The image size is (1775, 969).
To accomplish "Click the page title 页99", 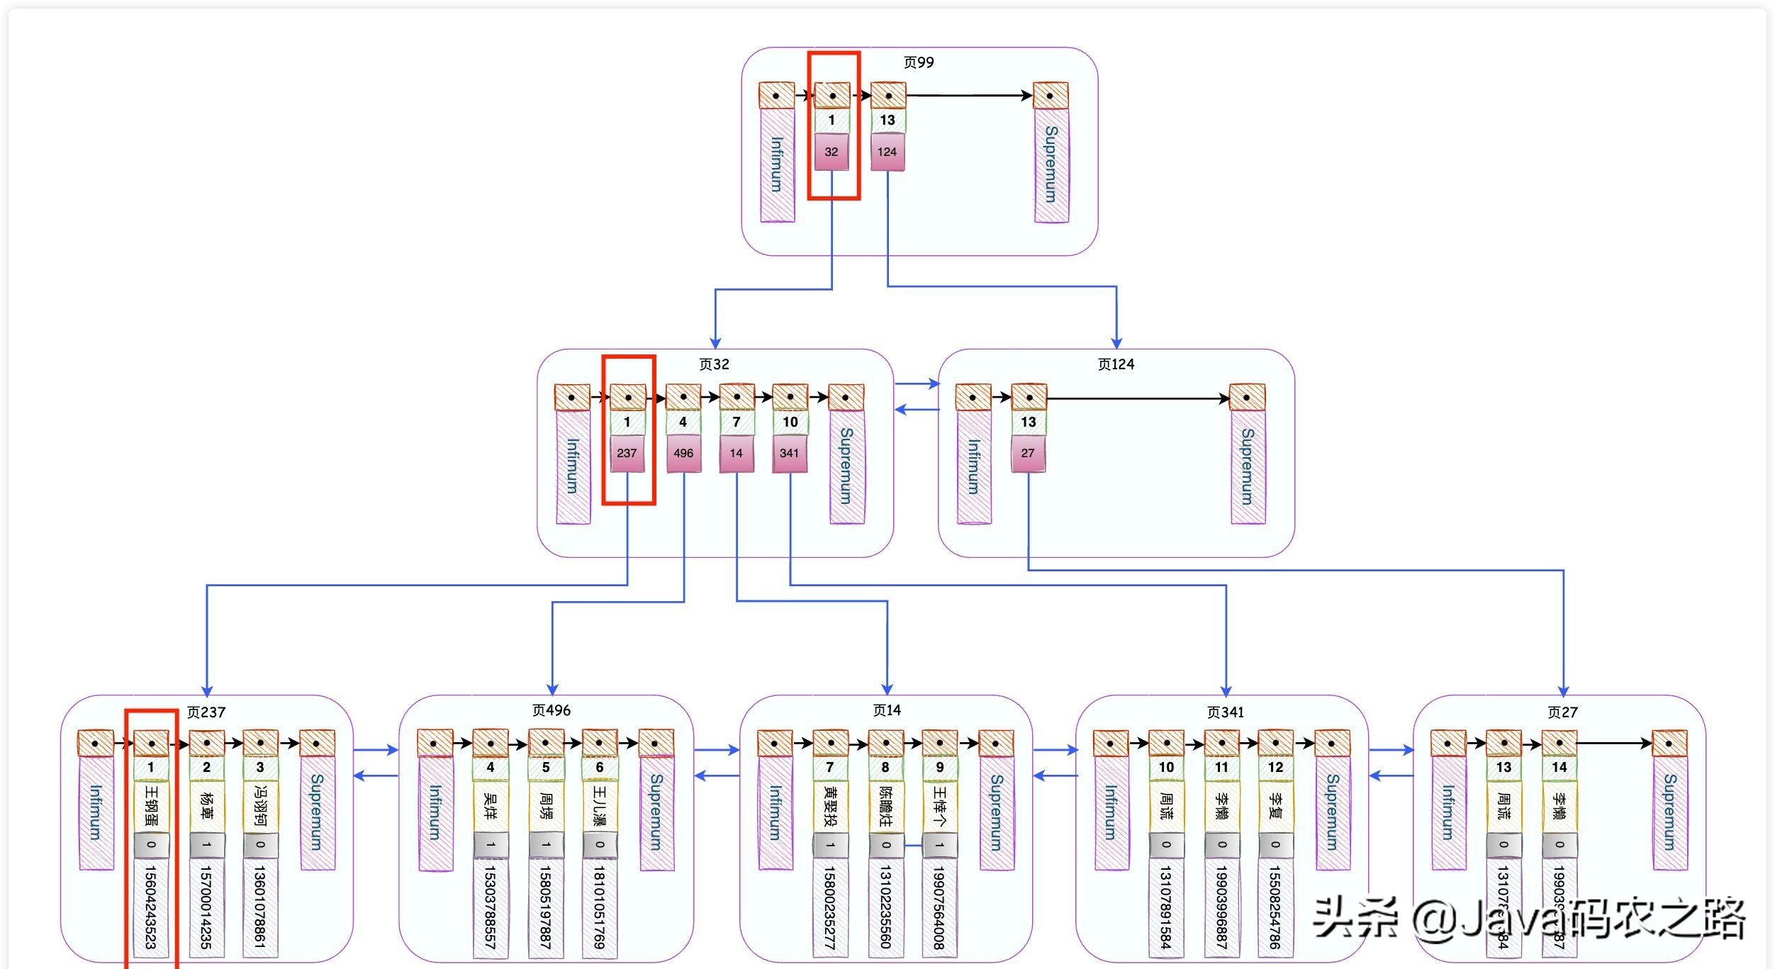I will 918,62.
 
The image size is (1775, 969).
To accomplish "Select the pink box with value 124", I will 887,152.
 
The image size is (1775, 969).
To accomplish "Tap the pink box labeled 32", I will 831,152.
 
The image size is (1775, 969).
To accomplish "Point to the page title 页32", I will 714,364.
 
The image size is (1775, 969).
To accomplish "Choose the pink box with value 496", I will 683,453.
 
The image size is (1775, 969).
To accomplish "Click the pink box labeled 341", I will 790,453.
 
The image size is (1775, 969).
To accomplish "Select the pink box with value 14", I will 737,453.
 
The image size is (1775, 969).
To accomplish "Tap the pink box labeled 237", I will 627,453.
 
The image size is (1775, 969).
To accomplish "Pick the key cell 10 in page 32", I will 790,422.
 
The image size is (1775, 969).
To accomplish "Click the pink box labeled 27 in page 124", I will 1028,453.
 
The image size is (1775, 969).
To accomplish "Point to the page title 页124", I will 1116,364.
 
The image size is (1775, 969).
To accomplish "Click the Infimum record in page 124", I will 974,466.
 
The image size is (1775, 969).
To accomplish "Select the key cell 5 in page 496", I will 546,768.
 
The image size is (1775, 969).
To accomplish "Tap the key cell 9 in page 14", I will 940,768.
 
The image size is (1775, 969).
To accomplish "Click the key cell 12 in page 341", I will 1275,768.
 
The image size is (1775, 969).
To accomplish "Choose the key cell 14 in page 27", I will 1559,768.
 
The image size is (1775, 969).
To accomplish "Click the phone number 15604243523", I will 150,907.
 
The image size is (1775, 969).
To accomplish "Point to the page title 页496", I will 551,710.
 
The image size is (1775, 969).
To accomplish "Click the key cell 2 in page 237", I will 206,768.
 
